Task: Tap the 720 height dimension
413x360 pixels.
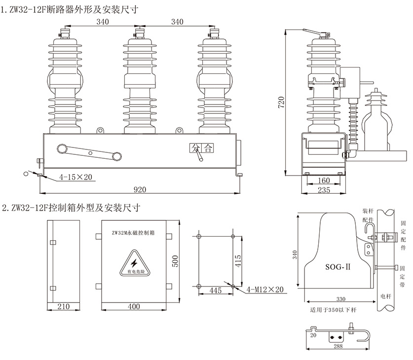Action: (x=281, y=102)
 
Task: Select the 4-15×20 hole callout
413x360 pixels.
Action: (x=75, y=177)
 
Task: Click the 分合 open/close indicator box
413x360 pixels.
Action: (x=202, y=147)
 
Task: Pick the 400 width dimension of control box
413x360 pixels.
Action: (x=134, y=307)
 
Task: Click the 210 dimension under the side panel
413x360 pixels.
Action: (x=63, y=307)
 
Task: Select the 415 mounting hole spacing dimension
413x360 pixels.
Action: (x=238, y=260)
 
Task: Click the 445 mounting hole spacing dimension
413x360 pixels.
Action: (x=215, y=290)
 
